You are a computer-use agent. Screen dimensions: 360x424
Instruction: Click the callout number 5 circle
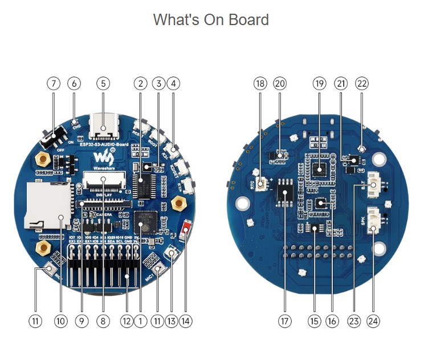(103, 83)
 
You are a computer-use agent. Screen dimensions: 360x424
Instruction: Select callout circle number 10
(60, 321)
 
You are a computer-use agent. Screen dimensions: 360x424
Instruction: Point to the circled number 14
(185, 321)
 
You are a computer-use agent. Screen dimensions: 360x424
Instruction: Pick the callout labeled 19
(319, 83)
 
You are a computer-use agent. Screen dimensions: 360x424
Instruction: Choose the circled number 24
(373, 321)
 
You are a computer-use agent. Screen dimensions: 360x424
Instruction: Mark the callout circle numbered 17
(284, 321)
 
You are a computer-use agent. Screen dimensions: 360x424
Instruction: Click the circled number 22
(362, 83)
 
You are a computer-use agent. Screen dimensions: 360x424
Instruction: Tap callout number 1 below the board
(140, 321)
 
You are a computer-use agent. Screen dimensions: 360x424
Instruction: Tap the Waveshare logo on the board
(101, 157)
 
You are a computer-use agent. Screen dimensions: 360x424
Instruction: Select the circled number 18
(260, 83)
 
